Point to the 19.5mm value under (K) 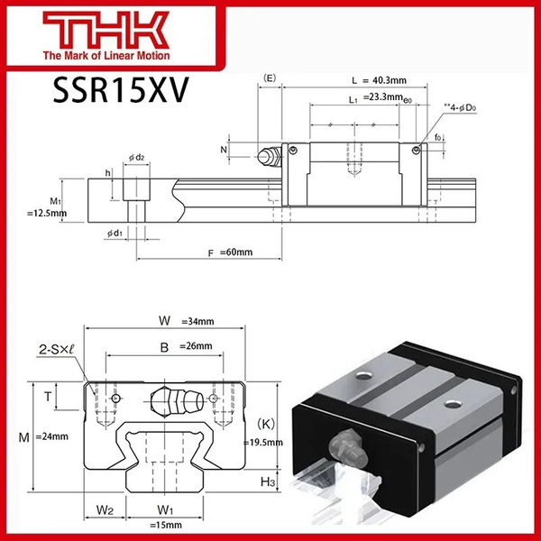[264, 443]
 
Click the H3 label [268, 483]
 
